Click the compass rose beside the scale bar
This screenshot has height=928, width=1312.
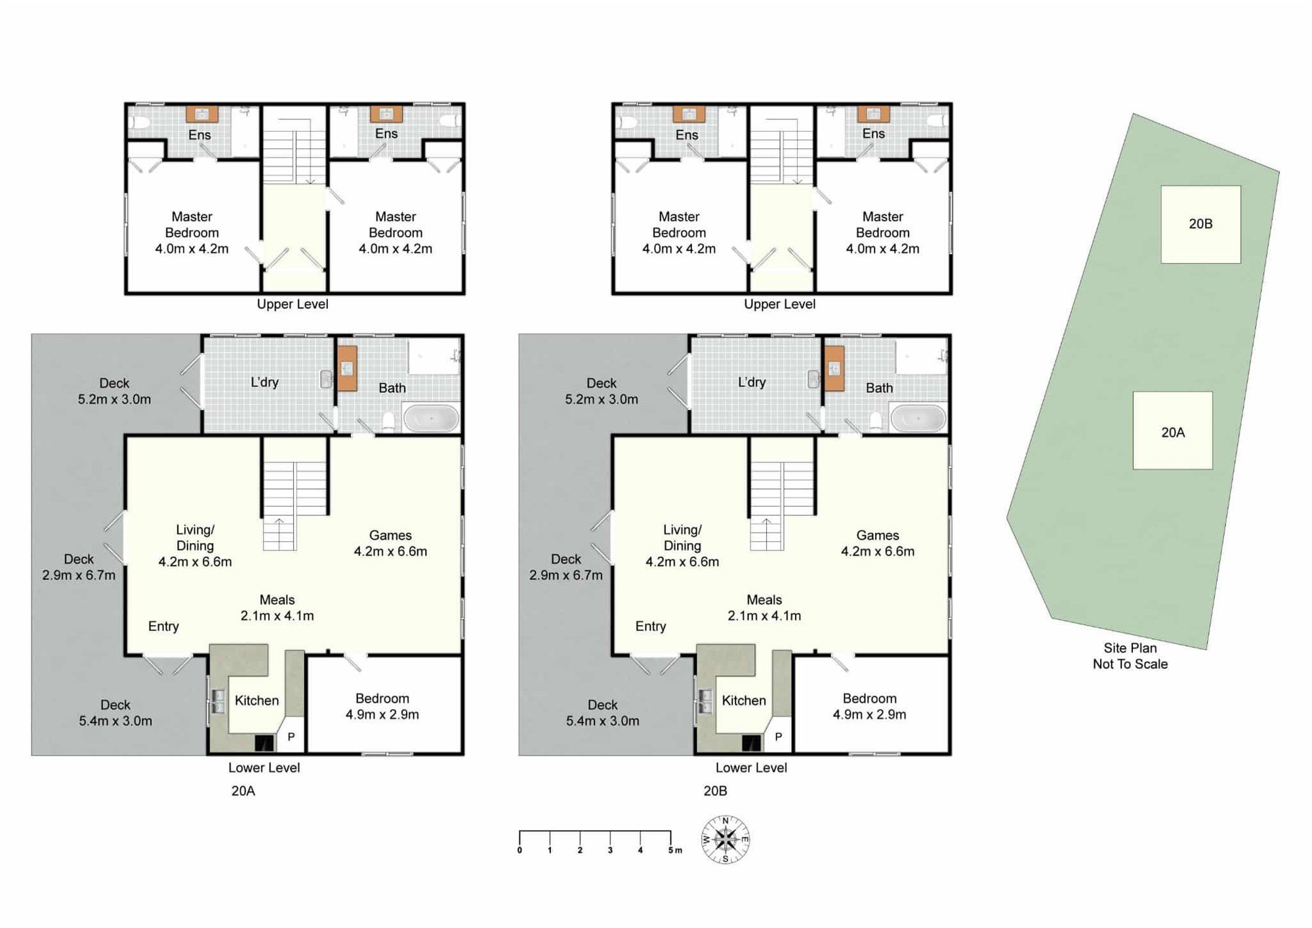coord(725,839)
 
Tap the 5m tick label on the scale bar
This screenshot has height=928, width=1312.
coord(674,850)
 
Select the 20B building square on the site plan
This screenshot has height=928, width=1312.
coord(1200,224)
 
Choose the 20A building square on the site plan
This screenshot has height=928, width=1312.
coord(1172,431)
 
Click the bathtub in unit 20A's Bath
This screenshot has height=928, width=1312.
coord(431,418)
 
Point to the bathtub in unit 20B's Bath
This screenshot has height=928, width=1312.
coord(918,418)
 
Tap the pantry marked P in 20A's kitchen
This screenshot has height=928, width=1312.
coord(291,737)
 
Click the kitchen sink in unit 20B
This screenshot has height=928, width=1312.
coord(705,701)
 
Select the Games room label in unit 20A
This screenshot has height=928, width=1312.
coord(390,543)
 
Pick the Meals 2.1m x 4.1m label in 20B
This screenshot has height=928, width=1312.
coord(764,607)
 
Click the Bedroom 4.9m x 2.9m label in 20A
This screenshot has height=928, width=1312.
coord(382,706)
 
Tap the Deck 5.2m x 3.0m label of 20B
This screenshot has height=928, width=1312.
coord(602,391)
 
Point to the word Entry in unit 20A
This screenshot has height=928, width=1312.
coord(163,626)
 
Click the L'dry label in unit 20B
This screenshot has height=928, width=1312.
coord(751,382)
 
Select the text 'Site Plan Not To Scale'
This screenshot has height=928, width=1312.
coord(1130,656)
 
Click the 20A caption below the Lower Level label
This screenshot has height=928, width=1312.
coord(243,791)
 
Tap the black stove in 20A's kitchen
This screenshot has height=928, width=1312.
coord(264,743)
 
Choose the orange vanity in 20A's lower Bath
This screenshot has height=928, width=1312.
coord(347,369)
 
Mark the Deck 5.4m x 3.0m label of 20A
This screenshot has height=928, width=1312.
coord(115,713)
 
